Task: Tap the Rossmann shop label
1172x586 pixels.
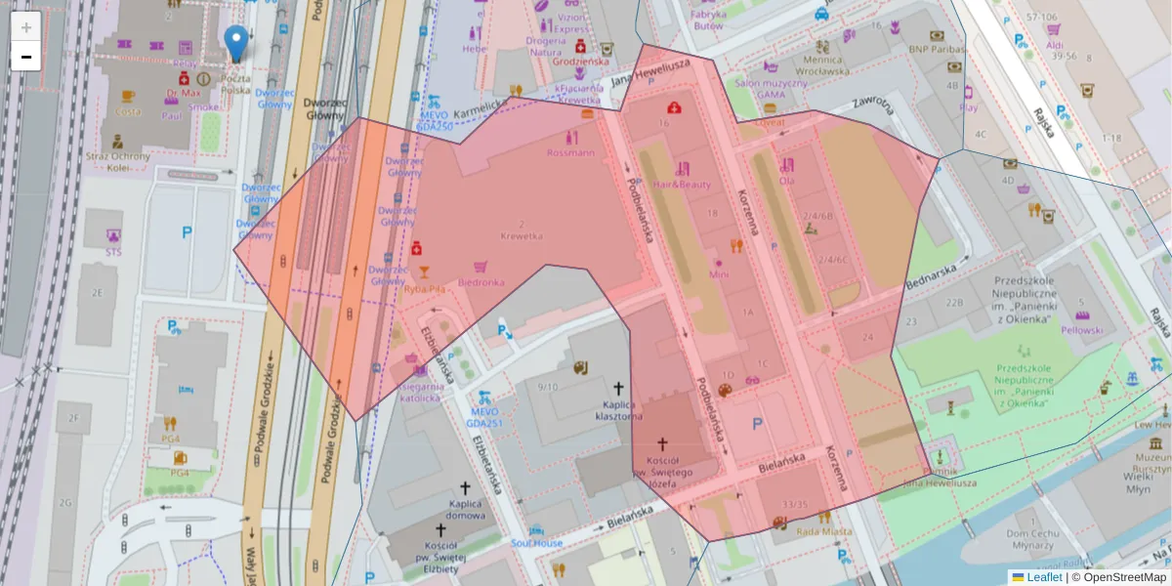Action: (570, 152)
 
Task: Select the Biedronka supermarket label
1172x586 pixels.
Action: (481, 282)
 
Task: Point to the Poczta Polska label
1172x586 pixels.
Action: (235, 84)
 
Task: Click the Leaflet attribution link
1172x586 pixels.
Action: (1044, 577)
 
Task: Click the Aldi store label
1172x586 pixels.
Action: (1055, 45)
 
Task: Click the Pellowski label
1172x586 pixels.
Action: (1082, 330)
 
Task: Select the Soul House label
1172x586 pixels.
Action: (536, 543)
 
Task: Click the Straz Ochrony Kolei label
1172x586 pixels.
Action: (118, 161)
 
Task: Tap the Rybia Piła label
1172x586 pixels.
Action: (426, 288)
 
